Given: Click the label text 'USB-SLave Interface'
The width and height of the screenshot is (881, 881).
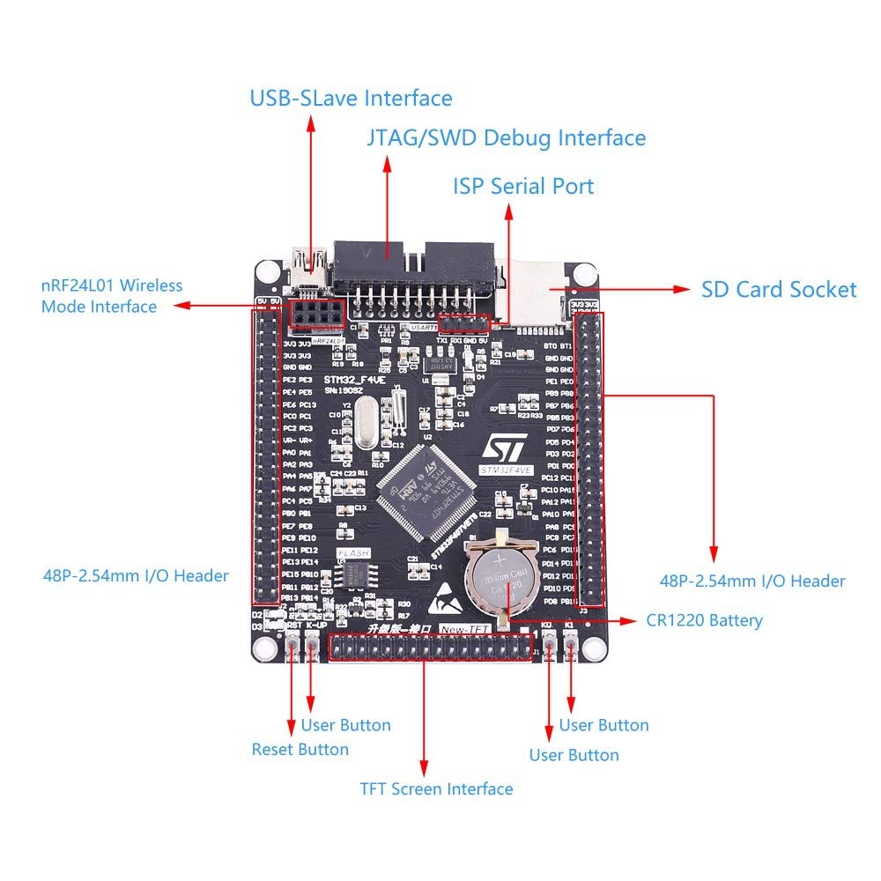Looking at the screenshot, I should pyautogui.click(x=351, y=98).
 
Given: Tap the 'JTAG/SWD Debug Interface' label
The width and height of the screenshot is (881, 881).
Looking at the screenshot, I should pyautogui.click(x=506, y=138).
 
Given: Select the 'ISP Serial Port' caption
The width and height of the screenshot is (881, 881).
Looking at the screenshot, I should pyautogui.click(x=523, y=187).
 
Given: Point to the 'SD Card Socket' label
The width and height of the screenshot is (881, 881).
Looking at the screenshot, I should pyautogui.click(x=778, y=290).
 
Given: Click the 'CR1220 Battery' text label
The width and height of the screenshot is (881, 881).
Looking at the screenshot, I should pyautogui.click(x=702, y=620).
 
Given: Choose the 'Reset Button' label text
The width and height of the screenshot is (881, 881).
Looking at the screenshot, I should pyautogui.click(x=300, y=750).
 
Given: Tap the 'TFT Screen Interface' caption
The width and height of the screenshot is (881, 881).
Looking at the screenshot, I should pyautogui.click(x=436, y=788).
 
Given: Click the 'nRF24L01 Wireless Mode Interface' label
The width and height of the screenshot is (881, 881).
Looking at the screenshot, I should pyautogui.click(x=111, y=296).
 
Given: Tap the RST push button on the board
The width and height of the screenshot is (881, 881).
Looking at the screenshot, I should pyautogui.click(x=292, y=649).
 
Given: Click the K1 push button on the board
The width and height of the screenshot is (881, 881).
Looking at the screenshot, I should pyautogui.click(x=571, y=649).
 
